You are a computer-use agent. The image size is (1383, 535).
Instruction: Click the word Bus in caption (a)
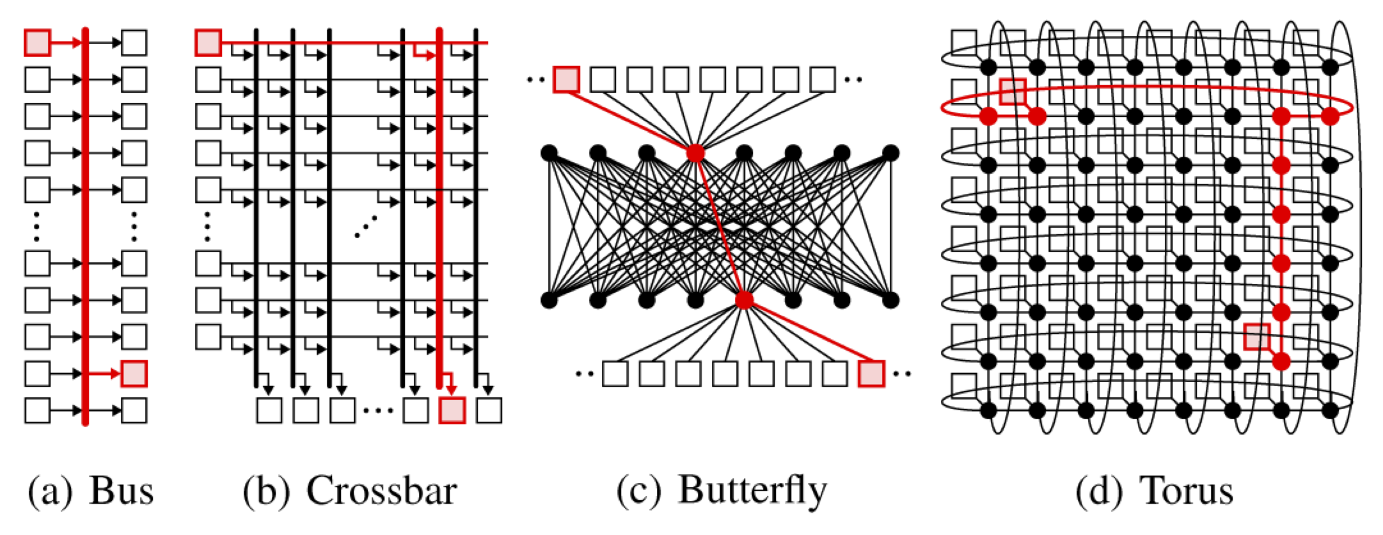pos(122,492)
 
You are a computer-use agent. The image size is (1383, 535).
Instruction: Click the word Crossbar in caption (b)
pos(381,492)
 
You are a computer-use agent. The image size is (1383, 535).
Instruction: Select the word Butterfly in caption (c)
pos(752,492)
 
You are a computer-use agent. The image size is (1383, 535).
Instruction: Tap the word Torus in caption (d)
pos(1187,492)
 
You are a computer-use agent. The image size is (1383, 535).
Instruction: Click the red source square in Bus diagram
pos(37,43)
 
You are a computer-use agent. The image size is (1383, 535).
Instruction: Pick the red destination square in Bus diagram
pos(134,374)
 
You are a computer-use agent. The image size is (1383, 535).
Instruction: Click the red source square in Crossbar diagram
pos(208,43)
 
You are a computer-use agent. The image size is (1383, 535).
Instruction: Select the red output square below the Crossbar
pos(452,410)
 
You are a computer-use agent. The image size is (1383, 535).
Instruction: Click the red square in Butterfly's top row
pos(566,79)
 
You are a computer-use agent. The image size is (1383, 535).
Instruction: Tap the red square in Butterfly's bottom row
pos(871,374)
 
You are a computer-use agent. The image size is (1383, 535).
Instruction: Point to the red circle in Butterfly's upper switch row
pos(695,153)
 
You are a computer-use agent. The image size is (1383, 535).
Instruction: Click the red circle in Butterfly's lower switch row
pos(744,299)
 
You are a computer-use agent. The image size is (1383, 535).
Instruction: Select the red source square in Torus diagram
pos(1013,92)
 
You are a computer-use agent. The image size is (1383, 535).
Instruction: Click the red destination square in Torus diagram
pos(1256,337)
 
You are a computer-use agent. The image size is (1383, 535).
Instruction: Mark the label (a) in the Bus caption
pos(50,492)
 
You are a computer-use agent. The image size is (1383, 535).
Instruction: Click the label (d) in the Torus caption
pos(1098,492)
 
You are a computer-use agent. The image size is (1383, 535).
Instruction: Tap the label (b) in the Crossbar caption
pos(265,492)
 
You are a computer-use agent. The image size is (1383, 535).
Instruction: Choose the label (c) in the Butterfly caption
pos(638,492)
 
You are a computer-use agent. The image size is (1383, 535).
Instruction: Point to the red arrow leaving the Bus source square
pos(67,43)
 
